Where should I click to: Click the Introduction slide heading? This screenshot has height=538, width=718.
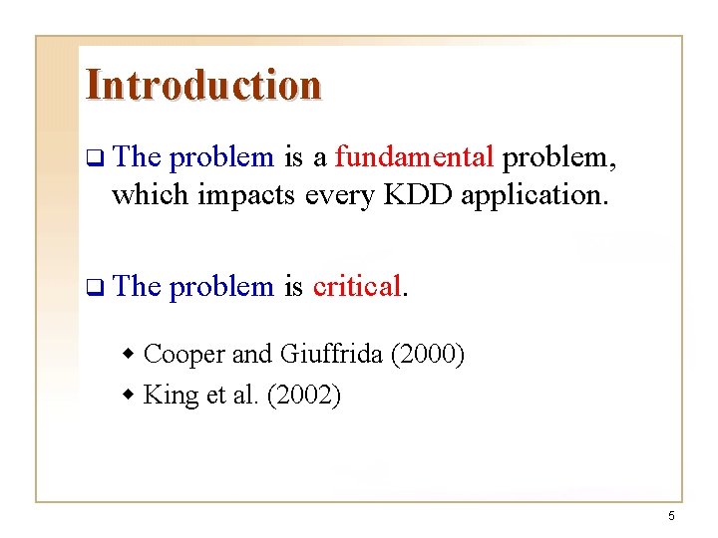[203, 85]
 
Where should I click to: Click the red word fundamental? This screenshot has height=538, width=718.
[414, 157]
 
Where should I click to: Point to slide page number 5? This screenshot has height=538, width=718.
[671, 515]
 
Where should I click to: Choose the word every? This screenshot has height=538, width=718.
[337, 195]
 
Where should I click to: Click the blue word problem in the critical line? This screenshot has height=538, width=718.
[221, 287]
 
